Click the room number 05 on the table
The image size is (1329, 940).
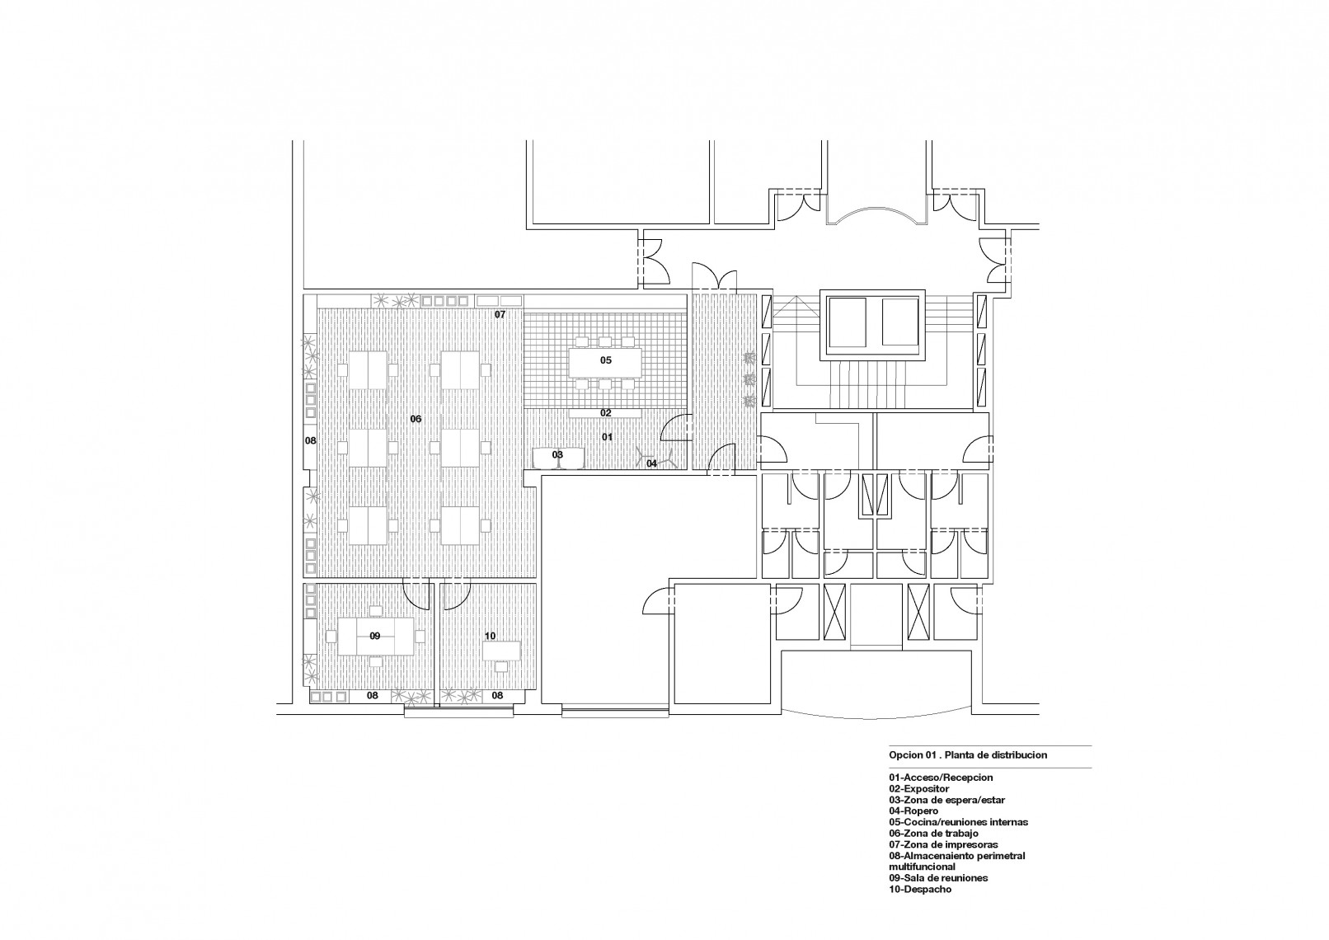coord(605,360)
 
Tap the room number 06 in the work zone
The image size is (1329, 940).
coord(416,419)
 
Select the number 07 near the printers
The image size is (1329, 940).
coord(500,314)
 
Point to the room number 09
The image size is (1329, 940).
coord(374,637)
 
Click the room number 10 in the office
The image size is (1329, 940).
coord(490,637)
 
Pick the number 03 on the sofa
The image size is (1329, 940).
coord(557,455)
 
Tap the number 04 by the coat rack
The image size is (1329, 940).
coord(651,463)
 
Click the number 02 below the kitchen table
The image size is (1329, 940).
coord(605,413)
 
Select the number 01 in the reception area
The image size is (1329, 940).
coord(607,437)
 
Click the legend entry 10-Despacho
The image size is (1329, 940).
coord(920,906)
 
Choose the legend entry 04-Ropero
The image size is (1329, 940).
coord(913,811)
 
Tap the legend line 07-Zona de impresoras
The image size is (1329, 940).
coord(943,844)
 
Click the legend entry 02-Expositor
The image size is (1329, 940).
coord(919,788)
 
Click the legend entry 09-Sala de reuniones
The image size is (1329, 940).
coord(938,895)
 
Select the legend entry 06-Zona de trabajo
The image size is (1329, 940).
coord(933,833)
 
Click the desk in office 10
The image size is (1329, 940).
coord(502,651)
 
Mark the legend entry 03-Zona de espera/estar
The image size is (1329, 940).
coord(947,800)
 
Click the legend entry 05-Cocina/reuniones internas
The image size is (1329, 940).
coord(958,822)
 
